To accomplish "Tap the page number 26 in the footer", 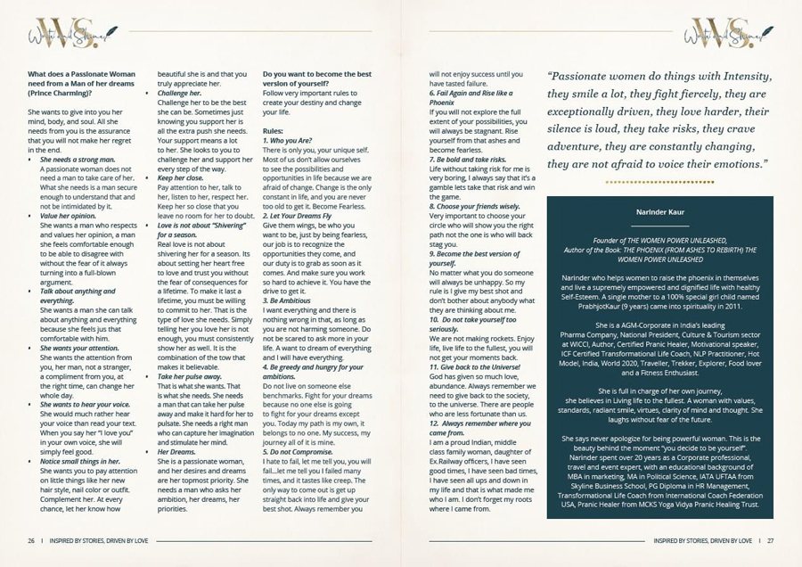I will coord(31,540).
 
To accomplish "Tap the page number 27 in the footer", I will coord(770,540).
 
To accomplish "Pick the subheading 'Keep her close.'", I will coord(181,178).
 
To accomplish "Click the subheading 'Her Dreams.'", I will coord(177,452).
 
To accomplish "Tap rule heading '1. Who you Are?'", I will coord(288,141).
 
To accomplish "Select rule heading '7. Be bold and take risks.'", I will coord(468,159).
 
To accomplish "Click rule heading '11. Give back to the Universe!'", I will coord(474,366).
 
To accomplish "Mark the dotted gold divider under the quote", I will coord(659,182).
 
